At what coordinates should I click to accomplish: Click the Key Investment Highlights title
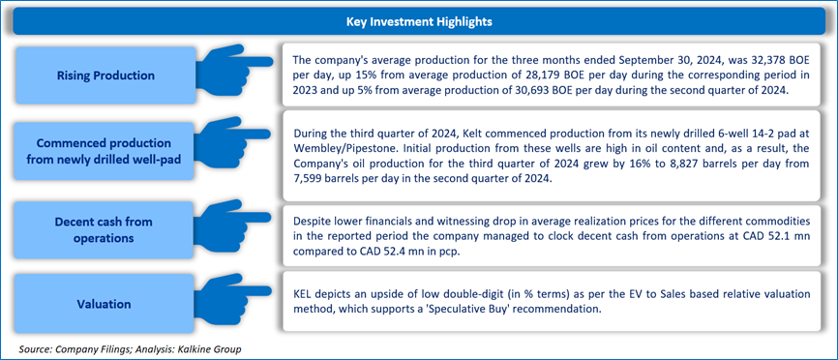click(419, 22)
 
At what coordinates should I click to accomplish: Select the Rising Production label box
click(105, 75)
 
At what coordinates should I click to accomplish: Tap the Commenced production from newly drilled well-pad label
click(105, 151)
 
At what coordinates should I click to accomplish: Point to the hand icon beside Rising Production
click(234, 69)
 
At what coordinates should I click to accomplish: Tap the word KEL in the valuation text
click(304, 294)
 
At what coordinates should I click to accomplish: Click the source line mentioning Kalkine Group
click(131, 349)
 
